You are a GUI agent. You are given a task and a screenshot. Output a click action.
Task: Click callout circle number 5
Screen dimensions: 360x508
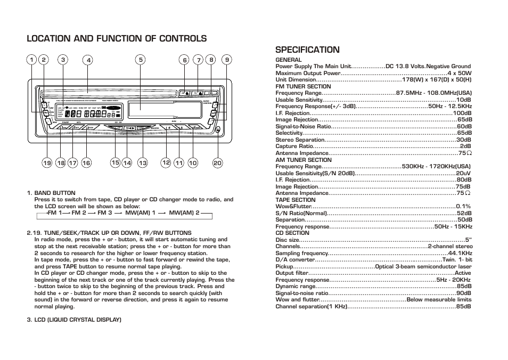tap(141, 60)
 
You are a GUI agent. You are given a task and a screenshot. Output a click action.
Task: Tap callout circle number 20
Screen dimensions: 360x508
tap(217, 163)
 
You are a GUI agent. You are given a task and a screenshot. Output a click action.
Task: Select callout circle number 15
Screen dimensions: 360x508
tap(115, 162)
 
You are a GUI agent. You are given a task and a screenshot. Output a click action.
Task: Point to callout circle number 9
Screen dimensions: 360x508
tap(227, 60)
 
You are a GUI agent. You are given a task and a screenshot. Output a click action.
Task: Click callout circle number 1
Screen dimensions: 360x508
tap(31, 60)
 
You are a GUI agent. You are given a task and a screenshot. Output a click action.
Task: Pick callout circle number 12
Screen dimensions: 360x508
tap(166, 162)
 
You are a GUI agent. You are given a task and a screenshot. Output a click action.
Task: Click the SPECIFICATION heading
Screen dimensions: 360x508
tap(307, 50)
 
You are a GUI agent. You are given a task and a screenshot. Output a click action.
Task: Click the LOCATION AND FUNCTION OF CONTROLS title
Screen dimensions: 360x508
tap(117, 38)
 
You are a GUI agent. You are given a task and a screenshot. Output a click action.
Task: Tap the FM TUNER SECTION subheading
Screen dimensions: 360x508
tap(303, 86)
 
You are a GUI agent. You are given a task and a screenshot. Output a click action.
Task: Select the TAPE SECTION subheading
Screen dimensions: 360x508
tap(295, 200)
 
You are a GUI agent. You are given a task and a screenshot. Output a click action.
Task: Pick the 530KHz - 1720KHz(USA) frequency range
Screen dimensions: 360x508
tap(436, 166)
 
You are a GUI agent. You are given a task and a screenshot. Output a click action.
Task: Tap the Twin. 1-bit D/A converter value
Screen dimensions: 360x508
tap(457, 260)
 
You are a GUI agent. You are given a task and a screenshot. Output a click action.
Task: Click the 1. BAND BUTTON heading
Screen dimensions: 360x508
tap(51, 193)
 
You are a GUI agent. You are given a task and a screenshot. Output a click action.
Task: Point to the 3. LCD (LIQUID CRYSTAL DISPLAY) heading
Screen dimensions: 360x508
tap(74, 320)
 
